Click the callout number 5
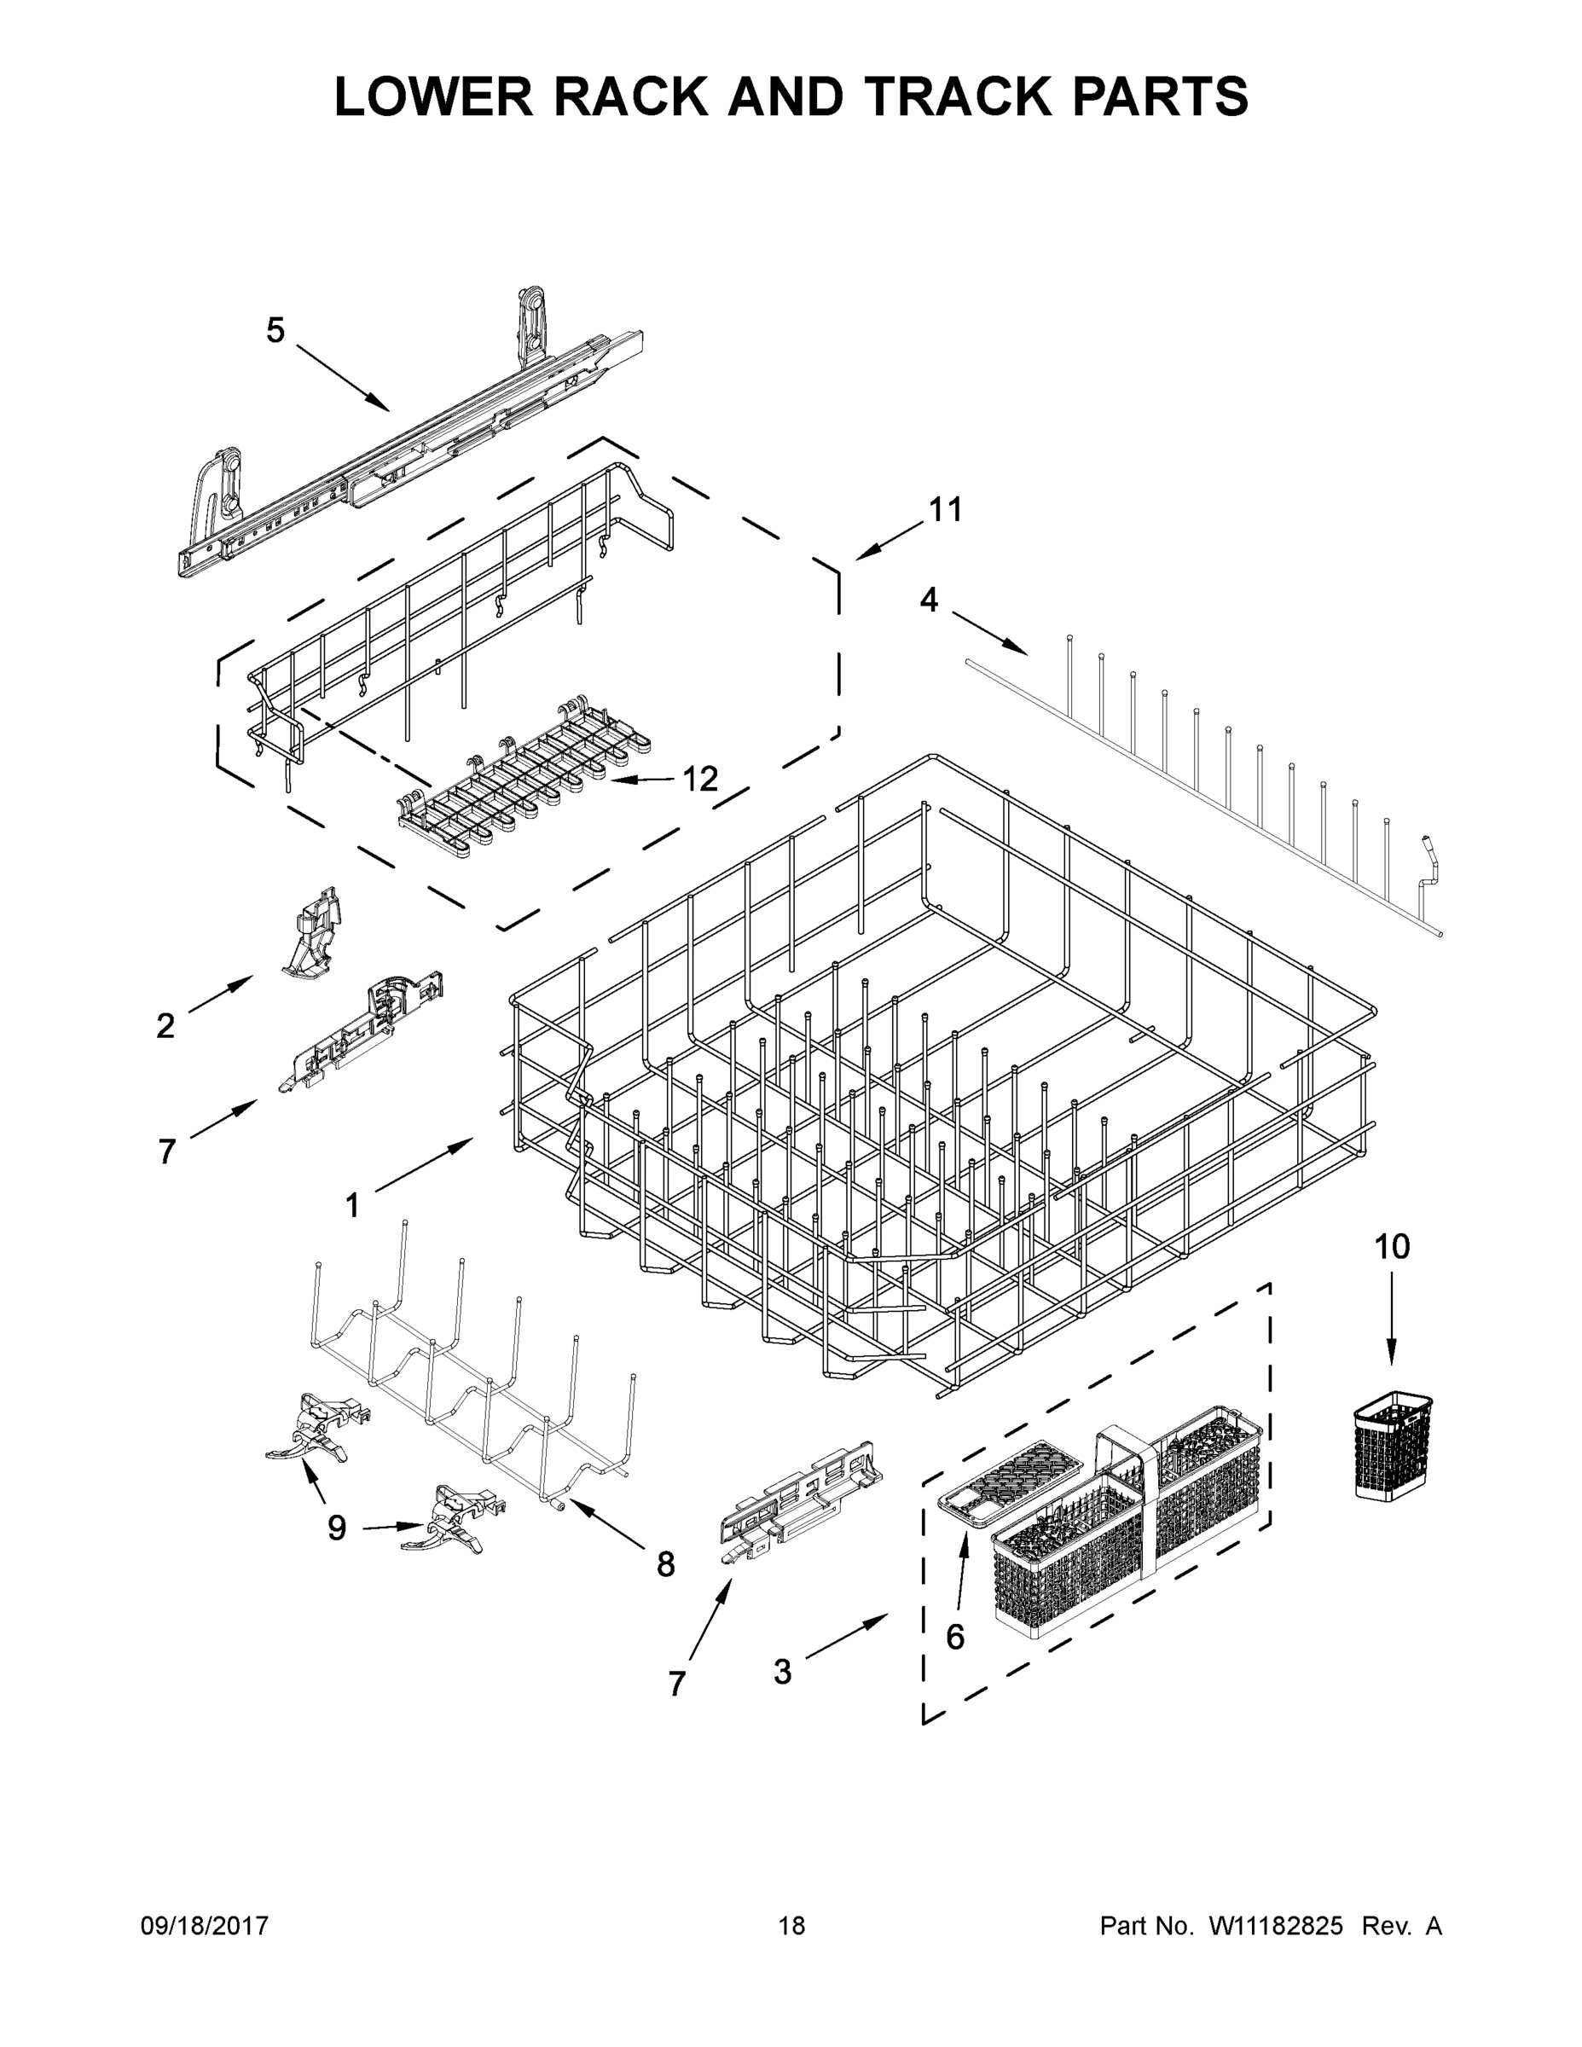click(x=275, y=330)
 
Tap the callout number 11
click(x=945, y=510)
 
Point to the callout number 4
click(x=928, y=600)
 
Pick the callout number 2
click(x=165, y=1026)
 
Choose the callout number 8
click(x=664, y=1564)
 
